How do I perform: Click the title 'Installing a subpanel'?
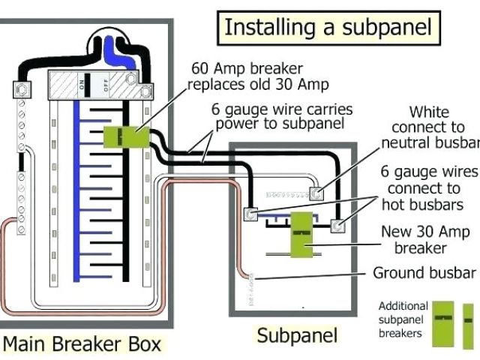[x=328, y=28]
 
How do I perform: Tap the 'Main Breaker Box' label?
[x=82, y=344]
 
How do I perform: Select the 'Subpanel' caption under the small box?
[x=297, y=335]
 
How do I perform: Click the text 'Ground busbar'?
[x=424, y=272]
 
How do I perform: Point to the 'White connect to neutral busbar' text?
[x=430, y=127]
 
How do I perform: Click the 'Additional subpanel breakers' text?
[x=402, y=319]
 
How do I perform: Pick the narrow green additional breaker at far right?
[x=469, y=323]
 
